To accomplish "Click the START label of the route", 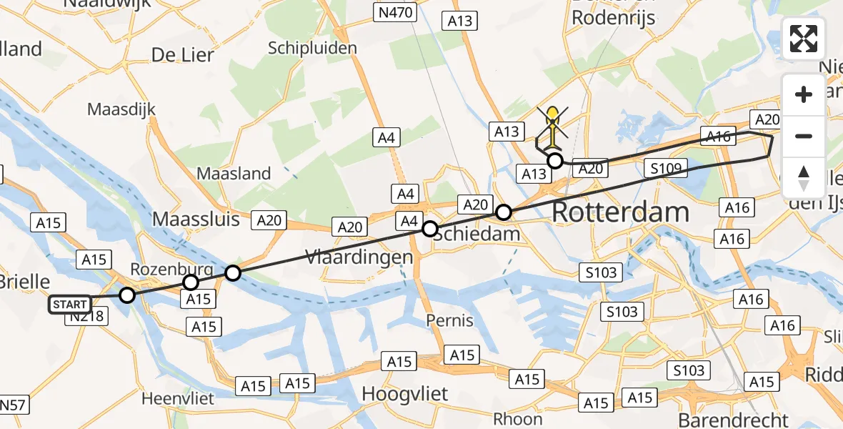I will tap(70, 305).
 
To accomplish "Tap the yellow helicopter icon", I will tap(553, 124).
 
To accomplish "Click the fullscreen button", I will tap(804, 39).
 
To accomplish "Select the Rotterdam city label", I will tap(620, 212).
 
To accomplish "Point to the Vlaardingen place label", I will tap(359, 257).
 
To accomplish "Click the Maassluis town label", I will tap(196, 219).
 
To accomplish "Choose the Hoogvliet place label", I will tap(404, 394).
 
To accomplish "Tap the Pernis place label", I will tap(449, 320).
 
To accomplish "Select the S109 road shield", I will tap(665, 169).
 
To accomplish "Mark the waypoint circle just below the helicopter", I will tap(554, 161).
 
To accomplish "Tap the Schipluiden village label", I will tap(312, 48).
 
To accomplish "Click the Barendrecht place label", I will tap(734, 420).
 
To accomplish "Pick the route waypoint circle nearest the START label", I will tap(126, 295).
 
